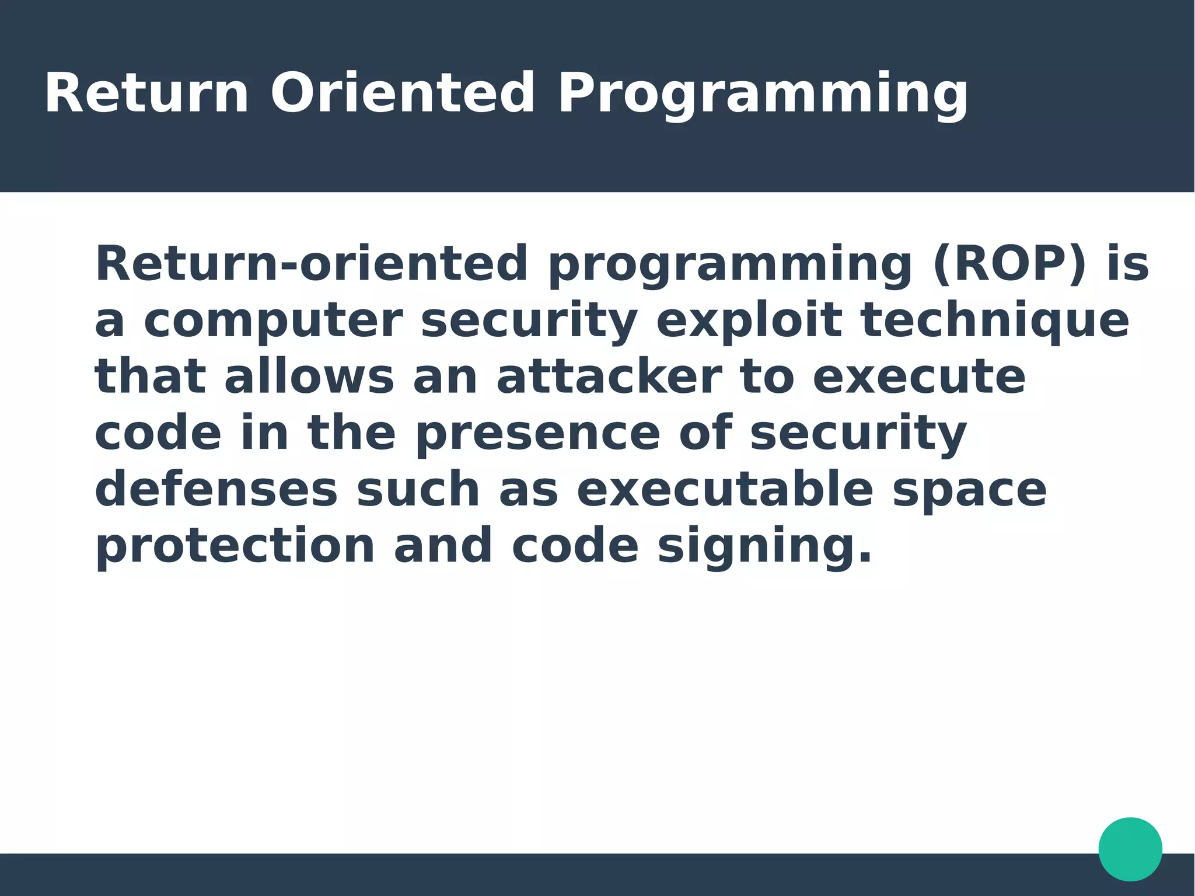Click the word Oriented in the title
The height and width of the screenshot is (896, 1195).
[402, 93]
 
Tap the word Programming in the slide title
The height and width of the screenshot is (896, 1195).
[763, 95]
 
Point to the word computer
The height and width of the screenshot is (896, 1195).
[273, 321]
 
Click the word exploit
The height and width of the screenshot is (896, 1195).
[749, 321]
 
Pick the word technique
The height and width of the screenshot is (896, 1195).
[994, 321]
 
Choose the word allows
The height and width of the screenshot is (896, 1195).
[309, 377]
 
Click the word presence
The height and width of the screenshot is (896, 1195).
[537, 434]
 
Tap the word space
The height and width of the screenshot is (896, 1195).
[969, 491]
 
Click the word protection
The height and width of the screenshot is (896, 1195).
[235, 547]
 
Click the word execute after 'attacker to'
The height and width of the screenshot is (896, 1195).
[919, 377]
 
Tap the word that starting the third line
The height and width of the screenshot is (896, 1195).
[150, 377]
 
